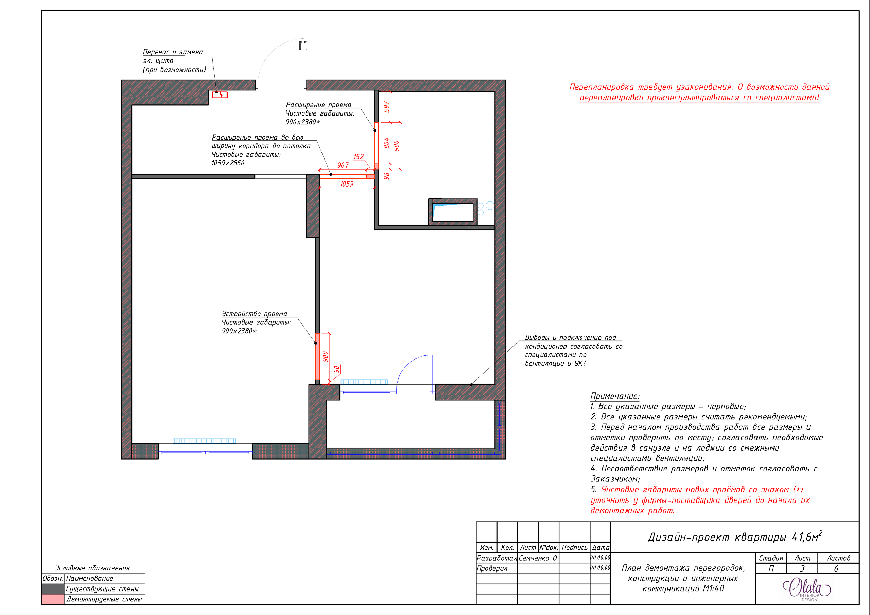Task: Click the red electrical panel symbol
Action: click(x=220, y=95)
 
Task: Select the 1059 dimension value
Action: click(x=347, y=184)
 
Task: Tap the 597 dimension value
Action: click(x=386, y=107)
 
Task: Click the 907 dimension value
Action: click(x=343, y=165)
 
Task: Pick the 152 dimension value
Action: click(x=359, y=157)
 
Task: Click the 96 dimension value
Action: click(x=386, y=176)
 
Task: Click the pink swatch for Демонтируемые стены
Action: click(x=53, y=599)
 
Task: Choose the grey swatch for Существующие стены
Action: click(x=53, y=589)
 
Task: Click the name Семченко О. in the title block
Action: click(x=538, y=558)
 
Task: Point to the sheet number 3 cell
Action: click(x=802, y=568)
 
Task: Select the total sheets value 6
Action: click(x=836, y=568)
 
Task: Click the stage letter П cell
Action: click(x=771, y=568)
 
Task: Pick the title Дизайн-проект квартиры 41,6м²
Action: click(x=735, y=537)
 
